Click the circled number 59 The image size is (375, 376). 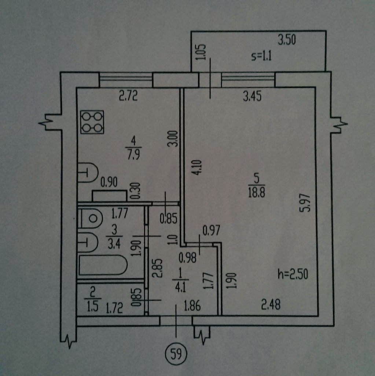point(176,354)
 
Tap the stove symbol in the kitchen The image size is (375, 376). point(92,122)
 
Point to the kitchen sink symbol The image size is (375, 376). point(88,172)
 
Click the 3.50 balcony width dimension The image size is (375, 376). point(287,40)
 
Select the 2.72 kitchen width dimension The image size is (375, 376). point(128,97)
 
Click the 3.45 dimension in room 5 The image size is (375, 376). point(252,97)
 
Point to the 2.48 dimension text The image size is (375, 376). point(271,305)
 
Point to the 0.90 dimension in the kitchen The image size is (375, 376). point(109,181)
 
